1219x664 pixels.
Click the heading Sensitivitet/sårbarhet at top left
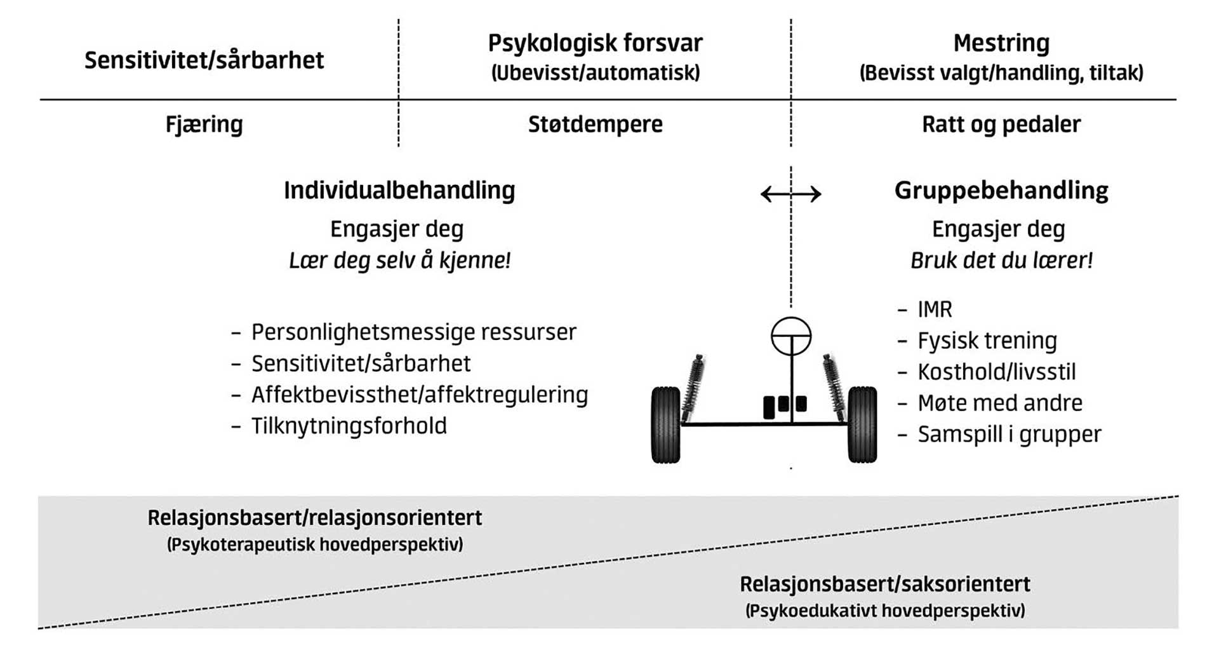204,60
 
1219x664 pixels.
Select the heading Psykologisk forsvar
595,43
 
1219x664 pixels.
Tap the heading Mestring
1001,43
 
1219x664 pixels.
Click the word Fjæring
204,124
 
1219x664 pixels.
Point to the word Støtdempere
595,124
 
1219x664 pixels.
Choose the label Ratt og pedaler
1001,124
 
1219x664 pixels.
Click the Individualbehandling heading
399,190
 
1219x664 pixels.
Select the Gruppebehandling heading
1001,190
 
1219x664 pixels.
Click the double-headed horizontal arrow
791,194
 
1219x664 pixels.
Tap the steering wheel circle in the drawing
791,336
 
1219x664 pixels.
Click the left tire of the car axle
665,424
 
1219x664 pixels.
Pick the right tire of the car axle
862,424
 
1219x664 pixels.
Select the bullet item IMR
935,309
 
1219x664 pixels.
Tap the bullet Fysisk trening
987,341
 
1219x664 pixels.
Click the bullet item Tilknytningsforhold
349,426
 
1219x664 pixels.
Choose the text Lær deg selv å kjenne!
399,260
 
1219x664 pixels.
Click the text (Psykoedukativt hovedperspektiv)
885,611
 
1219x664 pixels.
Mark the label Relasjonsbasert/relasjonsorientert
315,518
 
